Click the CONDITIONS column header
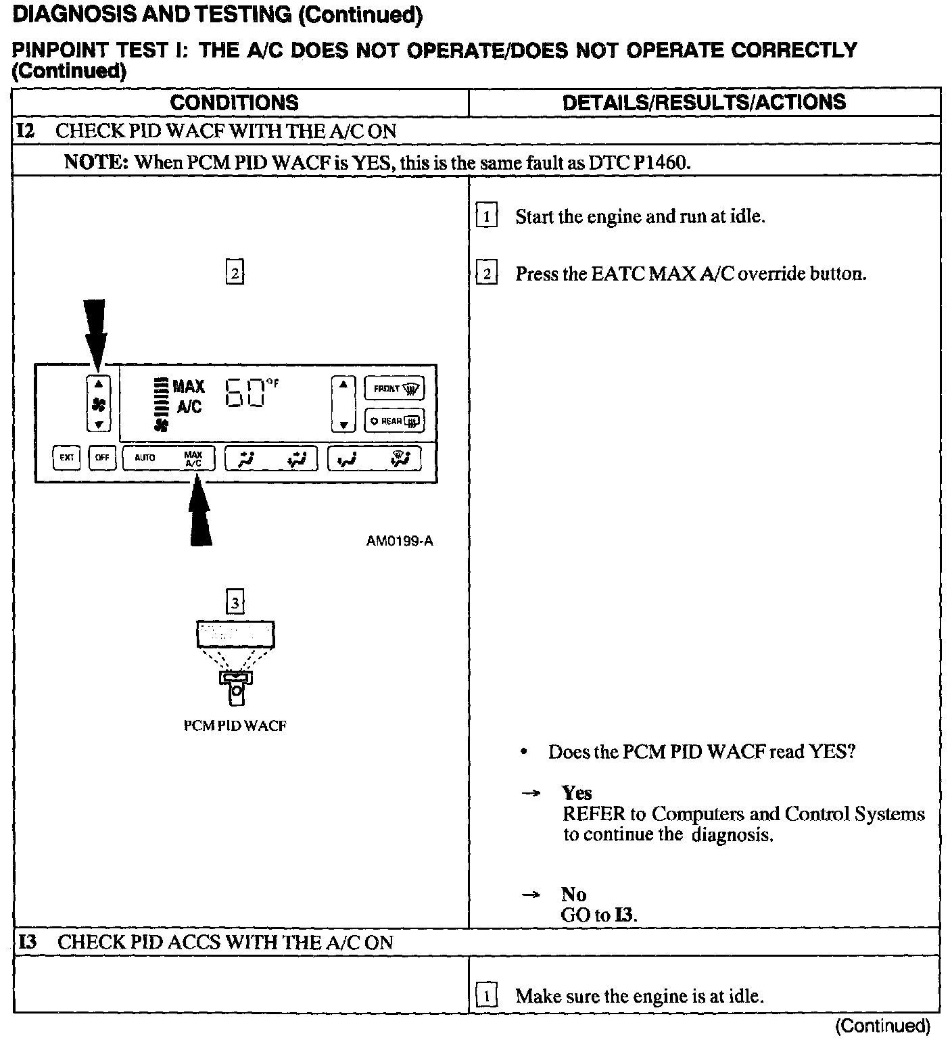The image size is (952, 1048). point(234,103)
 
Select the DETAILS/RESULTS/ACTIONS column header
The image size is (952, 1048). point(704,102)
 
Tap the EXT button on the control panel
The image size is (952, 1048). point(67,458)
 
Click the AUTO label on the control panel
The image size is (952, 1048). point(145,458)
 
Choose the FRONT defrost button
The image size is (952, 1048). point(394,389)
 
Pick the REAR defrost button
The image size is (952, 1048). point(394,421)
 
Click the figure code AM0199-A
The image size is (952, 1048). point(400,541)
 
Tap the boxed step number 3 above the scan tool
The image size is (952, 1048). point(235,602)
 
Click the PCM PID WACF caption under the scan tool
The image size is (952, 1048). point(235,726)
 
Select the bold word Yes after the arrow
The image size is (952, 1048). point(577,792)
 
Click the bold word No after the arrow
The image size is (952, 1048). point(573,895)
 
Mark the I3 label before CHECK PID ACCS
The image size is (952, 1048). point(28,942)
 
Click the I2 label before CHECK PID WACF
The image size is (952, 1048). point(26,130)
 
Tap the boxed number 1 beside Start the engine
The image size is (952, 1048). point(487,217)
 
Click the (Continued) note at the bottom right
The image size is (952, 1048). point(883,1026)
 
